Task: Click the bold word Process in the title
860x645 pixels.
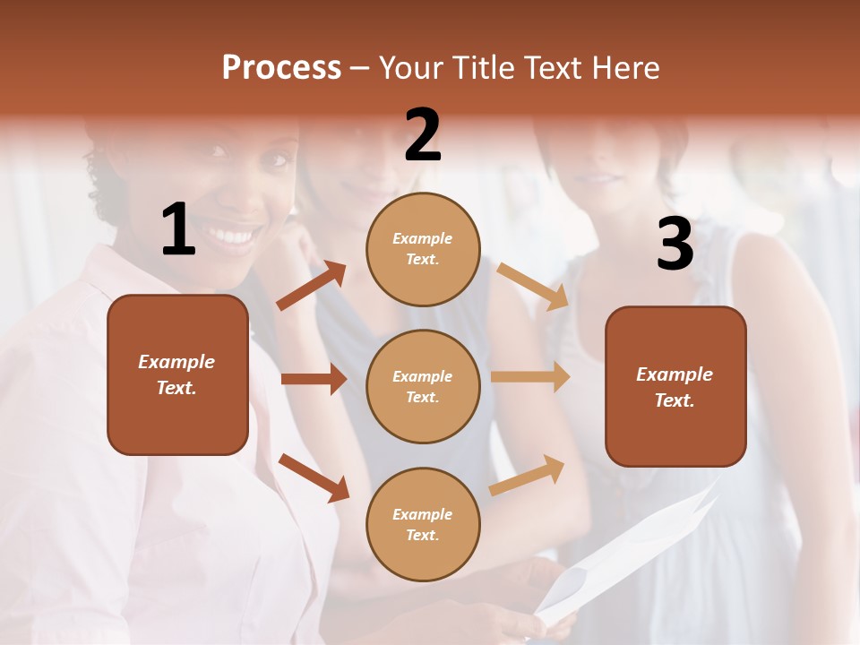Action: tap(281, 68)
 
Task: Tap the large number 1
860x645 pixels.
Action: tap(178, 230)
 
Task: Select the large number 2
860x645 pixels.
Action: tap(423, 135)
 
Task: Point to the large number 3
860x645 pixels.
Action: tap(675, 244)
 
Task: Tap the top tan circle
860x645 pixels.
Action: tap(423, 249)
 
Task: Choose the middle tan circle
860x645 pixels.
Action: tap(423, 387)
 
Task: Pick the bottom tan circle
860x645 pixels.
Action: tap(423, 525)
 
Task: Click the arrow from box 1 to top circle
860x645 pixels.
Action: tap(311, 286)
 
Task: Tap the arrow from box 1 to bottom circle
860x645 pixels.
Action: tap(314, 477)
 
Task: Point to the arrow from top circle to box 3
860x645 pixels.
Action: tap(532, 287)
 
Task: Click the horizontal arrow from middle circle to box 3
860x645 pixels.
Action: tap(530, 377)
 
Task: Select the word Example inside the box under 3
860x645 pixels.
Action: tap(675, 374)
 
